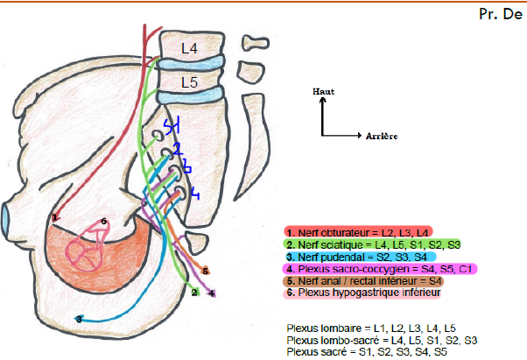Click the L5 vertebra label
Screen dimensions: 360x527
click(x=190, y=82)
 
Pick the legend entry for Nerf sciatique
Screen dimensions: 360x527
click(x=372, y=244)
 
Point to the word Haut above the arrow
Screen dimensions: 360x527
click(x=324, y=91)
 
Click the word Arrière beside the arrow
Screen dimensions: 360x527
click(x=373, y=137)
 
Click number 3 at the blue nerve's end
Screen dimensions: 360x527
click(x=79, y=320)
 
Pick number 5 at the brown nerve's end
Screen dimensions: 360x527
click(x=205, y=271)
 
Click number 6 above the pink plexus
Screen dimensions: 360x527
click(x=104, y=222)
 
